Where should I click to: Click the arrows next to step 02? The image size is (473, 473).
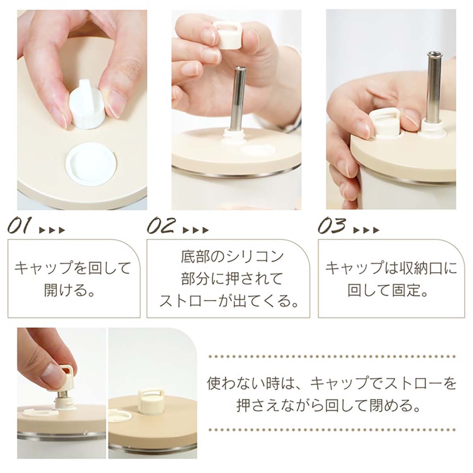click(196, 231)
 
